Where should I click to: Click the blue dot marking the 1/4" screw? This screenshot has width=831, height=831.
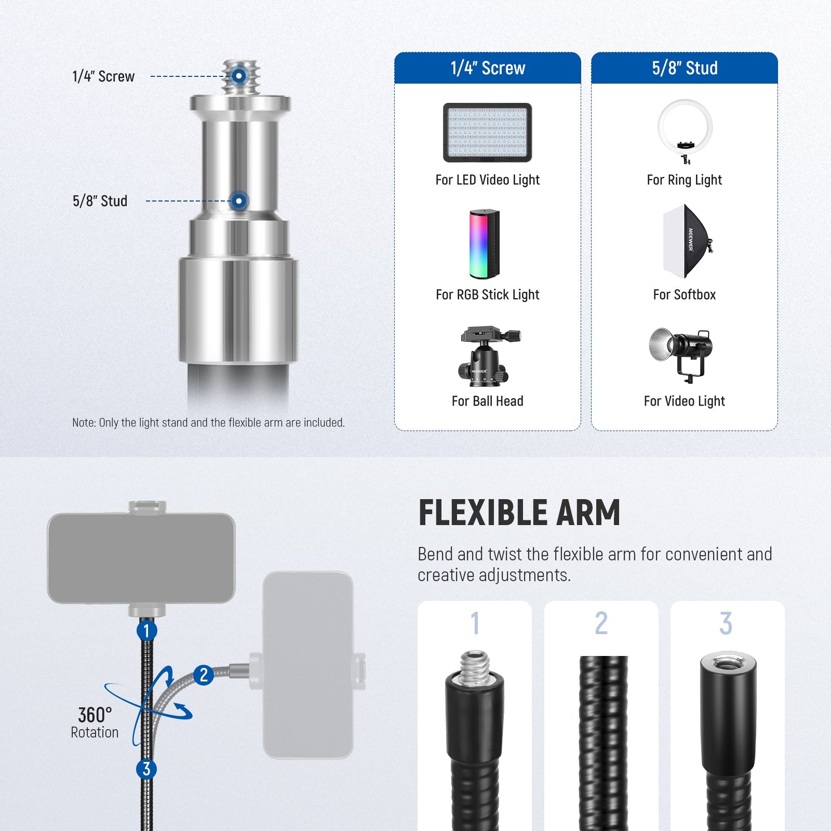coord(239,76)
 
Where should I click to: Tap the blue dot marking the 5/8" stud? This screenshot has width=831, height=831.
coord(239,200)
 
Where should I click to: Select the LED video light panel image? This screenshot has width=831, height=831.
coord(487,132)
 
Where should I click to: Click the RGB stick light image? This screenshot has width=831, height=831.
coord(485,244)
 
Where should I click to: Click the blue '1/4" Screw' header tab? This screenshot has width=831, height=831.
coord(487,68)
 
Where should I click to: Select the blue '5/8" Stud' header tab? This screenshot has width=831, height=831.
coord(685,68)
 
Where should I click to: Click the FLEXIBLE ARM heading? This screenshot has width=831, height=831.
coord(519,513)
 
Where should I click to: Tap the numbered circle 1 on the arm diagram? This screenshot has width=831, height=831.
coord(146,631)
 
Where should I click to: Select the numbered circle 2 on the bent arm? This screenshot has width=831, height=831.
coord(204,675)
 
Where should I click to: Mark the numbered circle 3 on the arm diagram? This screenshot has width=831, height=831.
coord(146,769)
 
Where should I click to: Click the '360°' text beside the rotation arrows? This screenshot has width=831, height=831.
coord(95,715)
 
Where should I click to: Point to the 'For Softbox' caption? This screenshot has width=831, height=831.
coord(684,294)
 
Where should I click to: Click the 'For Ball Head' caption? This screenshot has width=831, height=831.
coord(487,401)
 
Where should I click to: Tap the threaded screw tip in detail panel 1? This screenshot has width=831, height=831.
coord(474,664)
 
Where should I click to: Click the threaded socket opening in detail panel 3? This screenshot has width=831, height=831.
coord(728,662)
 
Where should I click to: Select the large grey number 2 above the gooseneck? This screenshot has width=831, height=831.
coord(601,623)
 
